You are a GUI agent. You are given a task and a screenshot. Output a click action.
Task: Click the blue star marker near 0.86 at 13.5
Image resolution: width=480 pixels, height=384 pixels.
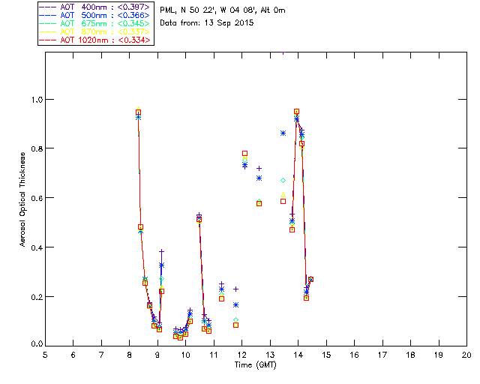(x=283, y=133)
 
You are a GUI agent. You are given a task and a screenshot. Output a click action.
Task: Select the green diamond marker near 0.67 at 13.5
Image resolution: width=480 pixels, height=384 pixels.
(x=283, y=181)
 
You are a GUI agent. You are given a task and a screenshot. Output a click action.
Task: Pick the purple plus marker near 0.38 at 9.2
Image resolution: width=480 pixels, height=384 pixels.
(x=161, y=251)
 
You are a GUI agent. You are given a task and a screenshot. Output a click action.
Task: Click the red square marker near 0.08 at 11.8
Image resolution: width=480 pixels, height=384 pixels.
(x=235, y=325)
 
